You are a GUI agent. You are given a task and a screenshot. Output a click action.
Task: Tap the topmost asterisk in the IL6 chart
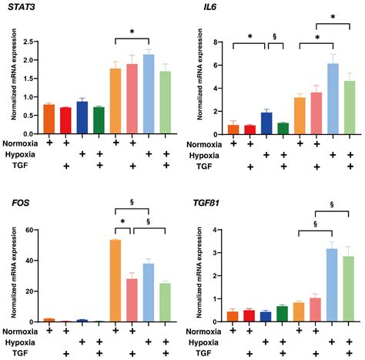click(332, 16)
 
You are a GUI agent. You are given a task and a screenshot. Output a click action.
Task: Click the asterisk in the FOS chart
click(123, 224)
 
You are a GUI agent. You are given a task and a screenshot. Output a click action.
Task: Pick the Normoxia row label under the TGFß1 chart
click(202, 331)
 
